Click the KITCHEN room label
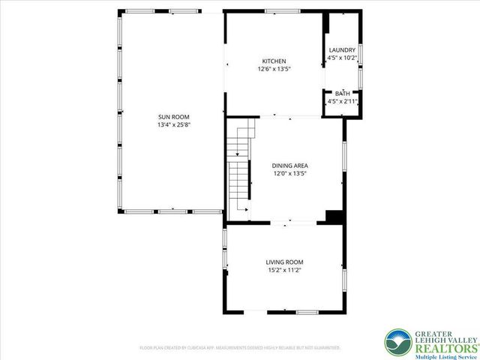click(x=274, y=61)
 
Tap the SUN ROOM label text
click(x=173, y=117)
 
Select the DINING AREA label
click(x=290, y=166)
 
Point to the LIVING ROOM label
click(x=284, y=262)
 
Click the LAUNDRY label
click(x=342, y=50)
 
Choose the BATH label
click(x=342, y=93)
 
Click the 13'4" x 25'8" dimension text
click(x=173, y=125)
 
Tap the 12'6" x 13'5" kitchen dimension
click(x=274, y=69)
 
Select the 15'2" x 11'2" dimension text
click(x=284, y=270)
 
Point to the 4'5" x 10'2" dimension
click(x=342, y=58)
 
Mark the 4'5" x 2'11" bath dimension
click(x=342, y=100)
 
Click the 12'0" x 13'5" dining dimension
click(x=290, y=173)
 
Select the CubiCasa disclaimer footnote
click(x=240, y=348)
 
